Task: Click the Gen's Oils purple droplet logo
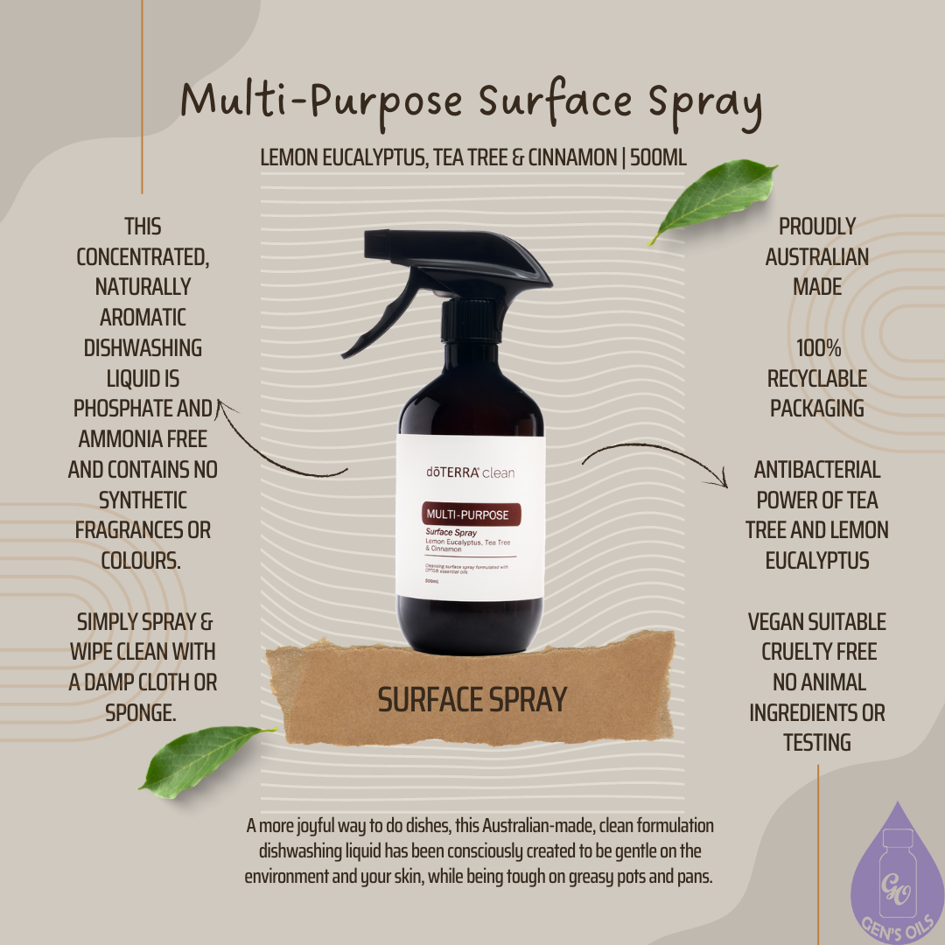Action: click(898, 884)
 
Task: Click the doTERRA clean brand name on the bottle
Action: click(470, 472)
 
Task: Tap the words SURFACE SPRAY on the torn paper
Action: click(472, 699)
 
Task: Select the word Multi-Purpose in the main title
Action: click(321, 101)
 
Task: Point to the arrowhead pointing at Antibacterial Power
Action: click(722, 479)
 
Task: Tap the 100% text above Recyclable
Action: click(817, 348)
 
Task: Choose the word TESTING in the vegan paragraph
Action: click(817, 743)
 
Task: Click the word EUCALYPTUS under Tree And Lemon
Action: click(817, 560)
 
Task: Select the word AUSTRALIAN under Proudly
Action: click(817, 256)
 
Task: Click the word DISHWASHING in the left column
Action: click(143, 348)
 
